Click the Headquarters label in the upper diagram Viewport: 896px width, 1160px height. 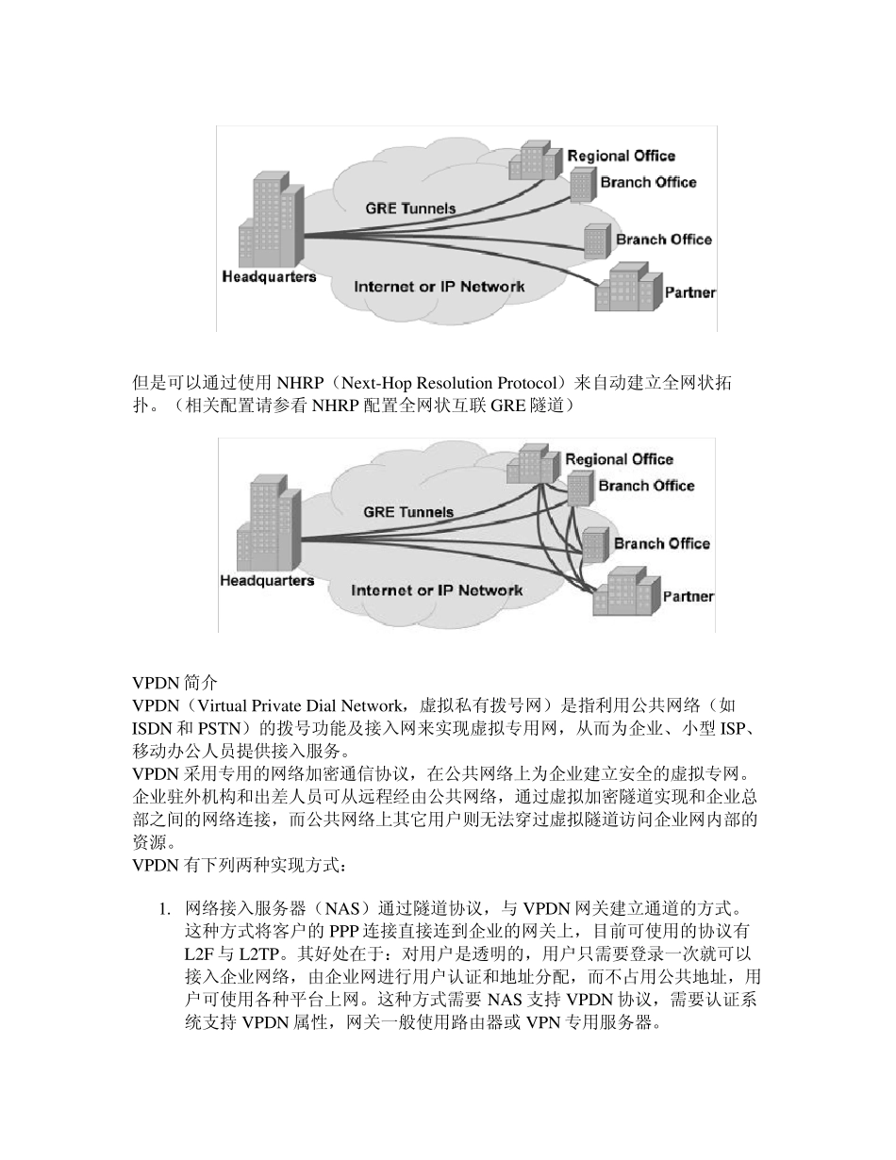point(269,277)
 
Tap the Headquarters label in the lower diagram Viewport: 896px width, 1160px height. point(267,581)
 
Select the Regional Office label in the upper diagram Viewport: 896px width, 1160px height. point(621,156)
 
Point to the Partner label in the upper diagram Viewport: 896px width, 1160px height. point(689,292)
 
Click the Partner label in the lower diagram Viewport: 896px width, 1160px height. point(688,596)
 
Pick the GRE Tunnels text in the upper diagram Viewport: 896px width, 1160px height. point(410,208)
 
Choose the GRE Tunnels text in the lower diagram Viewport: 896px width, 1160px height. point(408,512)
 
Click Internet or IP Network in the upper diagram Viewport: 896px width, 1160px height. point(440,286)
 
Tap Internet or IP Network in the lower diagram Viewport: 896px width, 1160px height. point(437,590)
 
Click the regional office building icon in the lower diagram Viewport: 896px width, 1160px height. point(533,462)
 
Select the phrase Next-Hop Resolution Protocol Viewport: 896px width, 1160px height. point(453,384)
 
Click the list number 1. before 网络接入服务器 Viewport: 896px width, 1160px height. point(164,910)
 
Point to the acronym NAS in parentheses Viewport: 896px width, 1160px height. point(341,910)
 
